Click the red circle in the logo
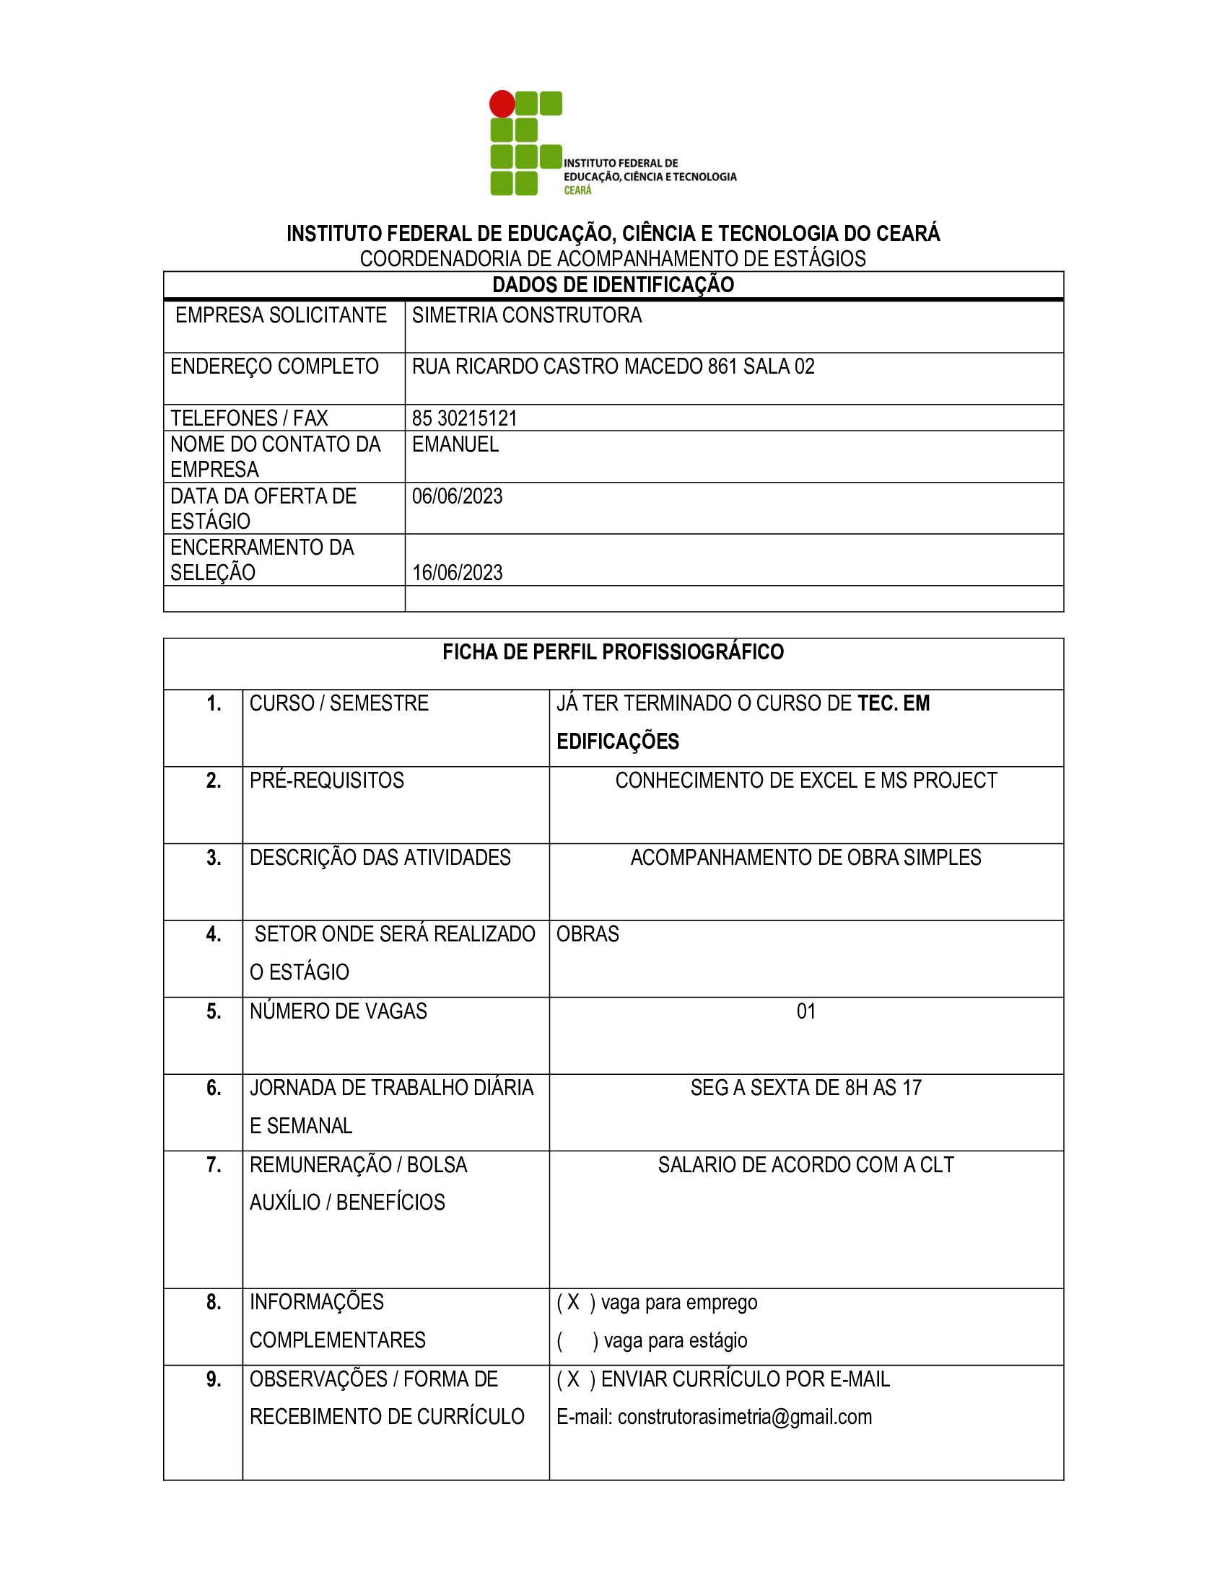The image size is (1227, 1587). pyautogui.click(x=502, y=104)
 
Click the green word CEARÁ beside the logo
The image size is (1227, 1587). pyautogui.click(x=578, y=190)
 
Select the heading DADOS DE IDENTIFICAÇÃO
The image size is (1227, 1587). pyautogui.click(x=613, y=285)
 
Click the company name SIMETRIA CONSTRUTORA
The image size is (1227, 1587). pyautogui.click(x=527, y=315)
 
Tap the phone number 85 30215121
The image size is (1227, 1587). pyautogui.click(x=465, y=418)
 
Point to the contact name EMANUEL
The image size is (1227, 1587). pyautogui.click(x=455, y=444)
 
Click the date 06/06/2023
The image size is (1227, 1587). pyautogui.click(x=457, y=496)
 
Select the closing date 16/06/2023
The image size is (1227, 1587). pyautogui.click(x=457, y=573)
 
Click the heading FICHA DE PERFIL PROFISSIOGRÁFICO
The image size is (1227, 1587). pyautogui.click(x=613, y=652)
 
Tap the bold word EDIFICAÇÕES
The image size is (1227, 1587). pyautogui.click(x=618, y=741)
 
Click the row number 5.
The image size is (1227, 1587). pyautogui.click(x=214, y=1011)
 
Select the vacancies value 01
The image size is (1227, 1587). pyautogui.click(x=806, y=1011)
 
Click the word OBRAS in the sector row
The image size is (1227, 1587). pyautogui.click(x=588, y=934)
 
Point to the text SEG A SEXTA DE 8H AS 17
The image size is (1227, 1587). pyautogui.click(x=806, y=1088)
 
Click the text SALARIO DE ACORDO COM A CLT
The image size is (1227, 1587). pyautogui.click(x=806, y=1165)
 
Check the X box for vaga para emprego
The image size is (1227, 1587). pyautogui.click(x=574, y=1302)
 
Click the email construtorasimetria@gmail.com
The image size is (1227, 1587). pyautogui.click(x=744, y=1417)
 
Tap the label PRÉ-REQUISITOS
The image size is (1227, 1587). pyautogui.click(x=326, y=781)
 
